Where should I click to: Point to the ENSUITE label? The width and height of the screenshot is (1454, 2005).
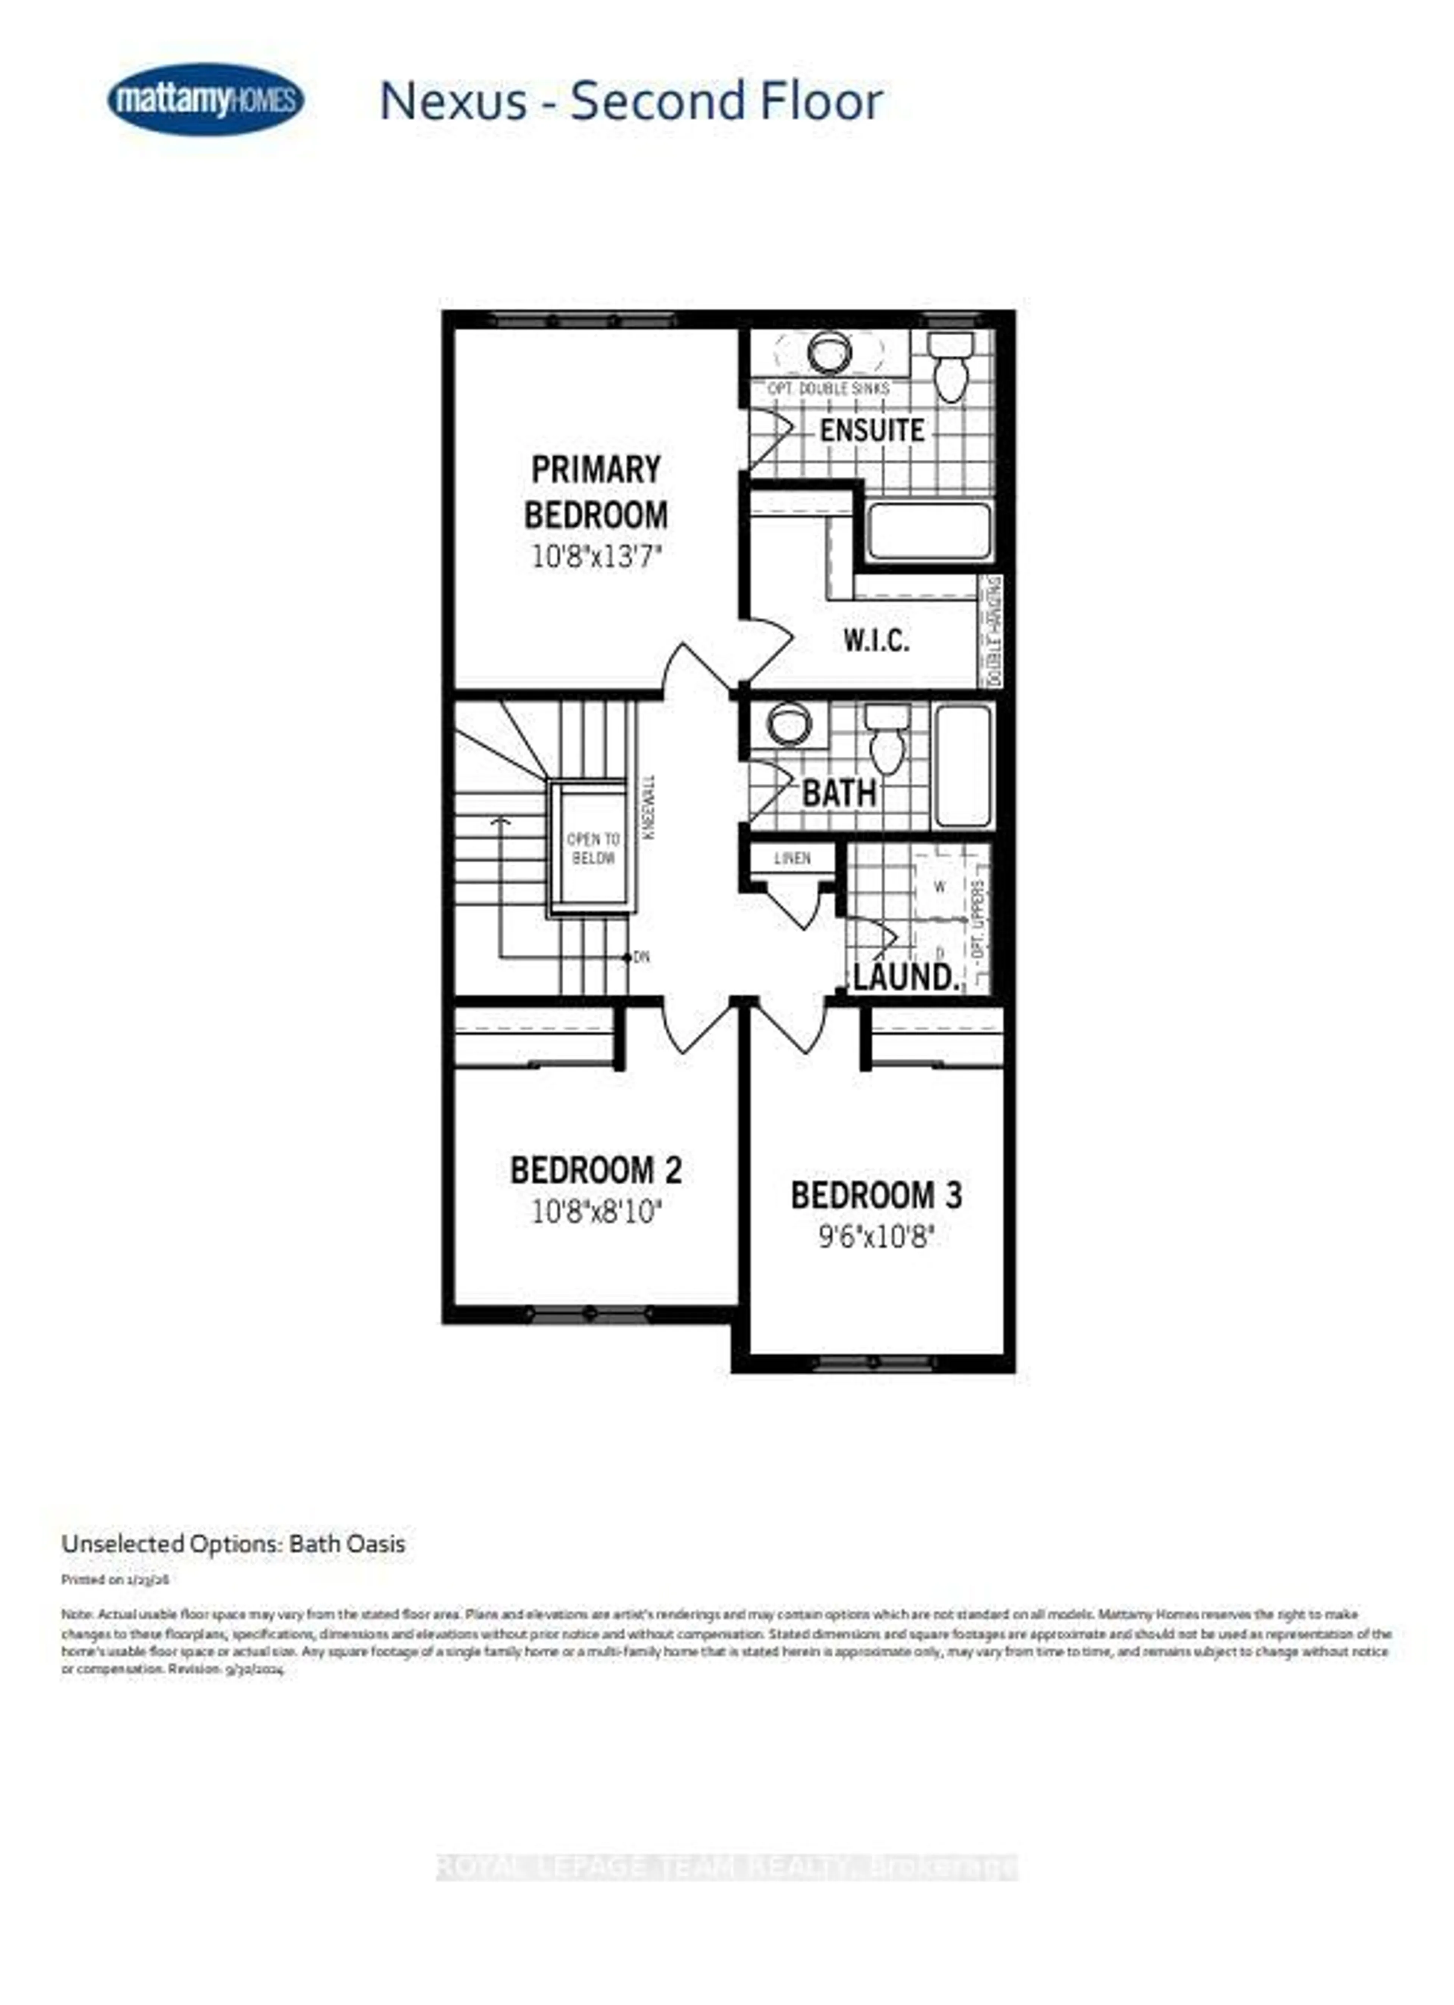(x=871, y=431)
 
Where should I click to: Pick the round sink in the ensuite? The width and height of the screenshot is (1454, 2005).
(x=830, y=352)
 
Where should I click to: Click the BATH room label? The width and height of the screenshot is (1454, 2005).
(x=838, y=793)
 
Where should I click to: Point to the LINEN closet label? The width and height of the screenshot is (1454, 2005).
(x=792, y=857)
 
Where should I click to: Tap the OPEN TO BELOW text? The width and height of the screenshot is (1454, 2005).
(x=593, y=848)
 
